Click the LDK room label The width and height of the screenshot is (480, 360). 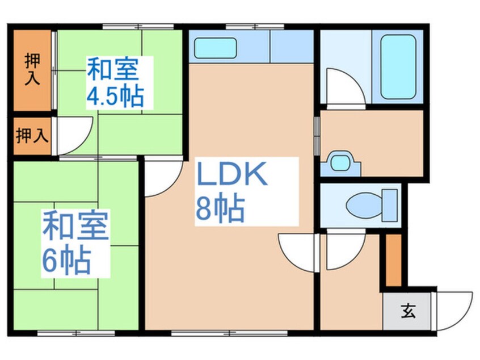(x=232, y=176)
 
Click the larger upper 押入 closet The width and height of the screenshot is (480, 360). (x=32, y=70)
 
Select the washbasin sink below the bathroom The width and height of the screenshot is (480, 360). (x=340, y=163)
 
